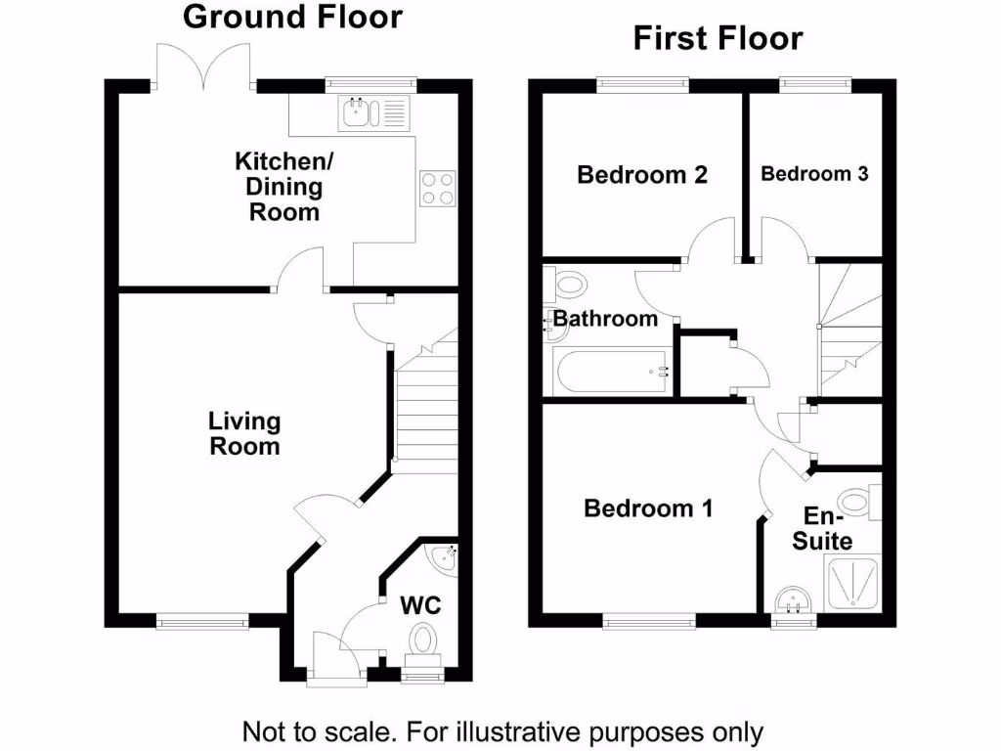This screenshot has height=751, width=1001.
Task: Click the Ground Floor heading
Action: pos(292,18)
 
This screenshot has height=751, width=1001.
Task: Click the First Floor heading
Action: pos(718,38)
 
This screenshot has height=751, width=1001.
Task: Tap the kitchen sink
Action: pos(374,113)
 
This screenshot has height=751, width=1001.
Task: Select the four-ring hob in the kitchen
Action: pos(438,189)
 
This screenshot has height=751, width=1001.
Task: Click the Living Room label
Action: pos(244,433)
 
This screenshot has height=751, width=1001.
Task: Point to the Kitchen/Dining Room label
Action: pos(284,187)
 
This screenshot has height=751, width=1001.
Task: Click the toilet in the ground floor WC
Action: pos(422,640)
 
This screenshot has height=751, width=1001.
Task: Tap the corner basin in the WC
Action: pos(444,559)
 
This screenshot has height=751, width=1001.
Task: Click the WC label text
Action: pos(420,604)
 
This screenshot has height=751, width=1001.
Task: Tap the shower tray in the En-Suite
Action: pos(853,582)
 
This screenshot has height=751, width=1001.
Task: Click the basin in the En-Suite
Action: pos(794,600)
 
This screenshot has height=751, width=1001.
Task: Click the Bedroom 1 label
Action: pos(648,508)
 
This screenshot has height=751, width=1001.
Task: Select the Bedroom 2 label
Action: pos(642,174)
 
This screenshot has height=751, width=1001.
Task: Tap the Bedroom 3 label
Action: pos(814,174)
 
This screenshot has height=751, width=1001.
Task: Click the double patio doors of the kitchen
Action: pos(203,66)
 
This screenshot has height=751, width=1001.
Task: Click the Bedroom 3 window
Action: pos(815,85)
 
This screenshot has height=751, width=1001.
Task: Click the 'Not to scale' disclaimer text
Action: pos(503,731)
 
